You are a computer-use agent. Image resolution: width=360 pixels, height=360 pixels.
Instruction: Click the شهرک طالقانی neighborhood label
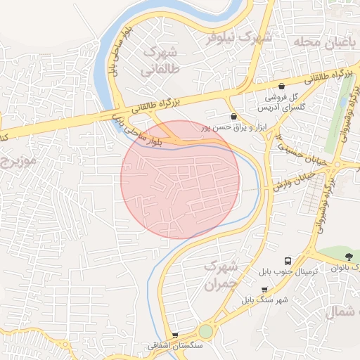click(161, 61)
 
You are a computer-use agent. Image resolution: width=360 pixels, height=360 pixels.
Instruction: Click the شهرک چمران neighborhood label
click(223, 276)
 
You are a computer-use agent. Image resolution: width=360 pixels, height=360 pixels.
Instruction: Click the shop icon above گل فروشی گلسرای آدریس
click(281, 86)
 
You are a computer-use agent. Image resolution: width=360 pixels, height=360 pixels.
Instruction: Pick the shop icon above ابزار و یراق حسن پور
click(233, 117)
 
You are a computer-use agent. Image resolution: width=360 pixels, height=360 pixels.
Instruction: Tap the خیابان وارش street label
click(289, 180)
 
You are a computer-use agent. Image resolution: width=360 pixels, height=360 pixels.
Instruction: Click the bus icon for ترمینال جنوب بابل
click(287, 260)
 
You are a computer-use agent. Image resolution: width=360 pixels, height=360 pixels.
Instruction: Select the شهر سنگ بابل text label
click(264, 300)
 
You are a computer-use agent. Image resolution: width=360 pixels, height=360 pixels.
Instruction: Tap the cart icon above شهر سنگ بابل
click(264, 289)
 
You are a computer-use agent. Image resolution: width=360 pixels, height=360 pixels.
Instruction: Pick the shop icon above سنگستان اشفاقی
click(174, 335)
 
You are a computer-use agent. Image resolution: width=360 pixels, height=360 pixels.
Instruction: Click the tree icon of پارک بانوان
click(350, 256)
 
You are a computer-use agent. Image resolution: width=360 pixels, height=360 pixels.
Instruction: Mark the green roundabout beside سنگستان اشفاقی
click(205, 331)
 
